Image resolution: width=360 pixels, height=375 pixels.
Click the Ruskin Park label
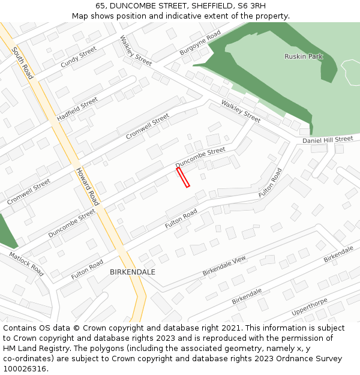(303, 56)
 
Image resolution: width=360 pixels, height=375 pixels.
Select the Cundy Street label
(78, 57)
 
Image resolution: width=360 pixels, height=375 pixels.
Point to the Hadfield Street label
(77, 109)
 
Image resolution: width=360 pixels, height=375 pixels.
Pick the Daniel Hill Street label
(328, 140)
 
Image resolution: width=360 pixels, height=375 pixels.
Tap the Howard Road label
(87, 186)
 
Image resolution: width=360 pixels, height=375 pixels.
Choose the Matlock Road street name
(26, 263)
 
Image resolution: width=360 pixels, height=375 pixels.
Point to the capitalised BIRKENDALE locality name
(133, 272)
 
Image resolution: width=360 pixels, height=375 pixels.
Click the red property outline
(183, 178)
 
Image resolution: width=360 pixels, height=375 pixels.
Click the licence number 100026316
(25, 369)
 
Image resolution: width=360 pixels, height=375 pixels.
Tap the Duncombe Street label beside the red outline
(200, 157)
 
